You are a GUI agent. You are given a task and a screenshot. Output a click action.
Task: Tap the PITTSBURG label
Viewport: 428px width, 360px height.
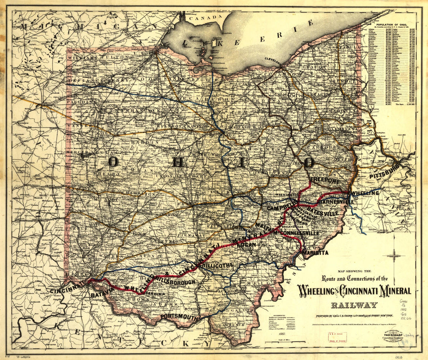pyautogui.click(x=384, y=171)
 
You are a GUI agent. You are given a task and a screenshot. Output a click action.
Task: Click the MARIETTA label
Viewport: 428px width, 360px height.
pyautogui.click(x=316, y=253)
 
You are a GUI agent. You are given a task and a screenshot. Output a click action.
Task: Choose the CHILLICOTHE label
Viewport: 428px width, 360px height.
pyautogui.click(x=217, y=265)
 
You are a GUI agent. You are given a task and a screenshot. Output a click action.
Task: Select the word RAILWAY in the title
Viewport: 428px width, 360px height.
pyautogui.click(x=354, y=305)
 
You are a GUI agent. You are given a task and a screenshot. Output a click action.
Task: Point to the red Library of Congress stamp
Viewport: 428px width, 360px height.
pyautogui.click(x=337, y=337)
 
